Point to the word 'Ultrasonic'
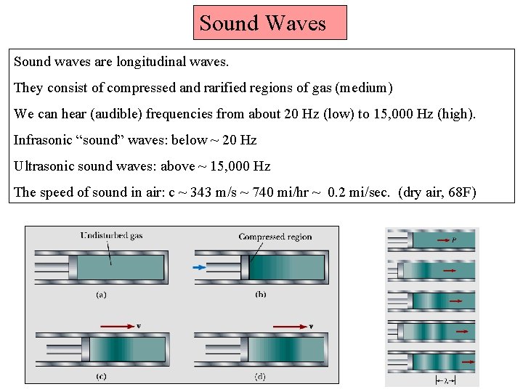pyautogui.click(x=46, y=166)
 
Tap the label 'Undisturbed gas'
pyautogui.click(x=112, y=235)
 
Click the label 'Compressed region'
pyautogui.click(x=275, y=237)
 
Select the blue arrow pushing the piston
pyautogui.click(x=199, y=267)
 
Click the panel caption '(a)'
pyautogui.click(x=102, y=295)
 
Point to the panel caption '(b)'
pyautogui.click(x=260, y=295)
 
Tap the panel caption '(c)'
pyautogui.click(x=102, y=377)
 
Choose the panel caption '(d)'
pyautogui.click(x=260, y=377)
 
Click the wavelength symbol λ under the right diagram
pyautogui.click(x=446, y=380)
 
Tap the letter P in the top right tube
pyautogui.click(x=454, y=239)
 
